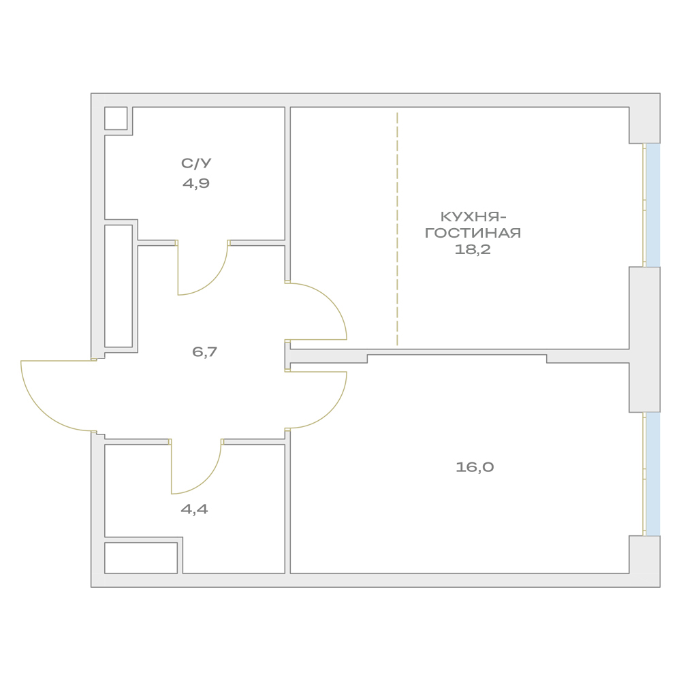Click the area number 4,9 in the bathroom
[196, 183]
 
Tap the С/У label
[196, 163]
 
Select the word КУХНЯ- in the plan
[473, 217]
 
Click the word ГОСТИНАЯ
[473, 233]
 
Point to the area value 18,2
[473, 249]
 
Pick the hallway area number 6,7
[204, 351]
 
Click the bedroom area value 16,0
[475, 467]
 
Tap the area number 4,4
[194, 509]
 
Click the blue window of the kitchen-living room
[653, 205]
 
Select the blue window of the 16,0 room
[653, 474]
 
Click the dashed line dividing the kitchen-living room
[397, 229]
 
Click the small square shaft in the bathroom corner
[116, 118]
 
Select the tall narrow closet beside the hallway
[118, 286]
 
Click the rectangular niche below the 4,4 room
[141, 558]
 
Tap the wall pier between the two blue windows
[644, 340]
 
